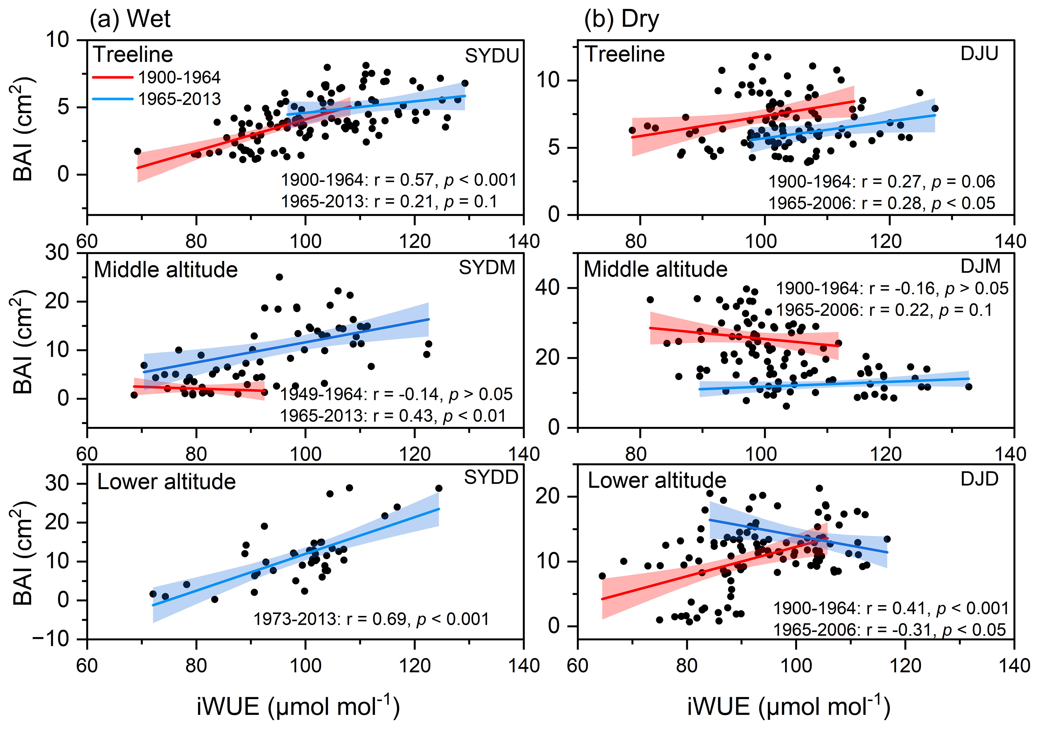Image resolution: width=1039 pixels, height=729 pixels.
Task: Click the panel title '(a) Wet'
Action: tap(130, 19)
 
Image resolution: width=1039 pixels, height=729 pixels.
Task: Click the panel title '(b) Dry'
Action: tap(621, 19)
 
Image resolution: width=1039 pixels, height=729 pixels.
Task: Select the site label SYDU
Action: tap(492, 56)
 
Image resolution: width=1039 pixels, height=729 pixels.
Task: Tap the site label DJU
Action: tap(979, 54)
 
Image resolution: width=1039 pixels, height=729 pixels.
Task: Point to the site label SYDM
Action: tap(487, 268)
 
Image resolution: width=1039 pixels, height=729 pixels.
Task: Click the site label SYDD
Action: tap(491, 477)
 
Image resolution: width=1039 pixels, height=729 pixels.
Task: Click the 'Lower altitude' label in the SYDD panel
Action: tap(167, 482)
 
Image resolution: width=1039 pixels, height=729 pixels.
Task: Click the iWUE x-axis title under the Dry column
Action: tap(788, 706)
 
